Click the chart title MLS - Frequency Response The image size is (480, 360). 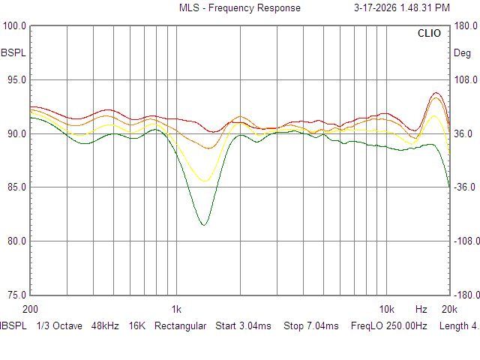coord(239,8)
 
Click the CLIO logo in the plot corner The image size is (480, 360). coord(430,34)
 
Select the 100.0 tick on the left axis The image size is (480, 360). coord(16,26)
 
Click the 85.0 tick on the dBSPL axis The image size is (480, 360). coord(16,187)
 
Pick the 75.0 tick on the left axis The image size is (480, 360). coord(16,295)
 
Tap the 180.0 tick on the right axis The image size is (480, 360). coord(466,26)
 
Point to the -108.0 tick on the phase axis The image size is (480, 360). coord(464,241)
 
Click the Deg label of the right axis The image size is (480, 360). coord(462,53)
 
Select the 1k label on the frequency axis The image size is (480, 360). coord(176,309)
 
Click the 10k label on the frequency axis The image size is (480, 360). coord(386,309)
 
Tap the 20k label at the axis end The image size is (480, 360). coord(449,309)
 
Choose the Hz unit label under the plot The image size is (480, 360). coord(421,309)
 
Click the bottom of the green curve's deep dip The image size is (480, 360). coord(203,224)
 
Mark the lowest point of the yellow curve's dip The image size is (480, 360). coord(204,181)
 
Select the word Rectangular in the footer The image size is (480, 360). coord(180,326)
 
